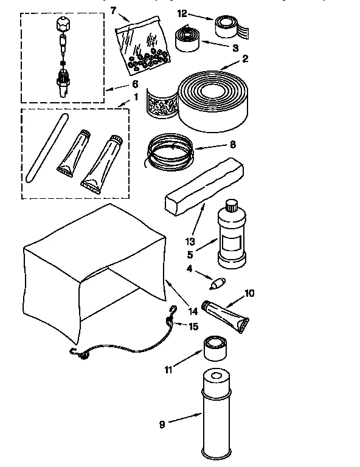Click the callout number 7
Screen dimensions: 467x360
click(x=112, y=10)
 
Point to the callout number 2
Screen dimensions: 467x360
click(x=244, y=60)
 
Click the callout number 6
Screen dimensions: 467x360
click(x=135, y=84)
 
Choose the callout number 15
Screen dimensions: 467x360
click(x=193, y=326)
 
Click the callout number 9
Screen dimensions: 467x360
click(x=162, y=424)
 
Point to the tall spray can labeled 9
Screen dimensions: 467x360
click(x=216, y=413)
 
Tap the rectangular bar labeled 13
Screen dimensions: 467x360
click(x=205, y=185)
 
